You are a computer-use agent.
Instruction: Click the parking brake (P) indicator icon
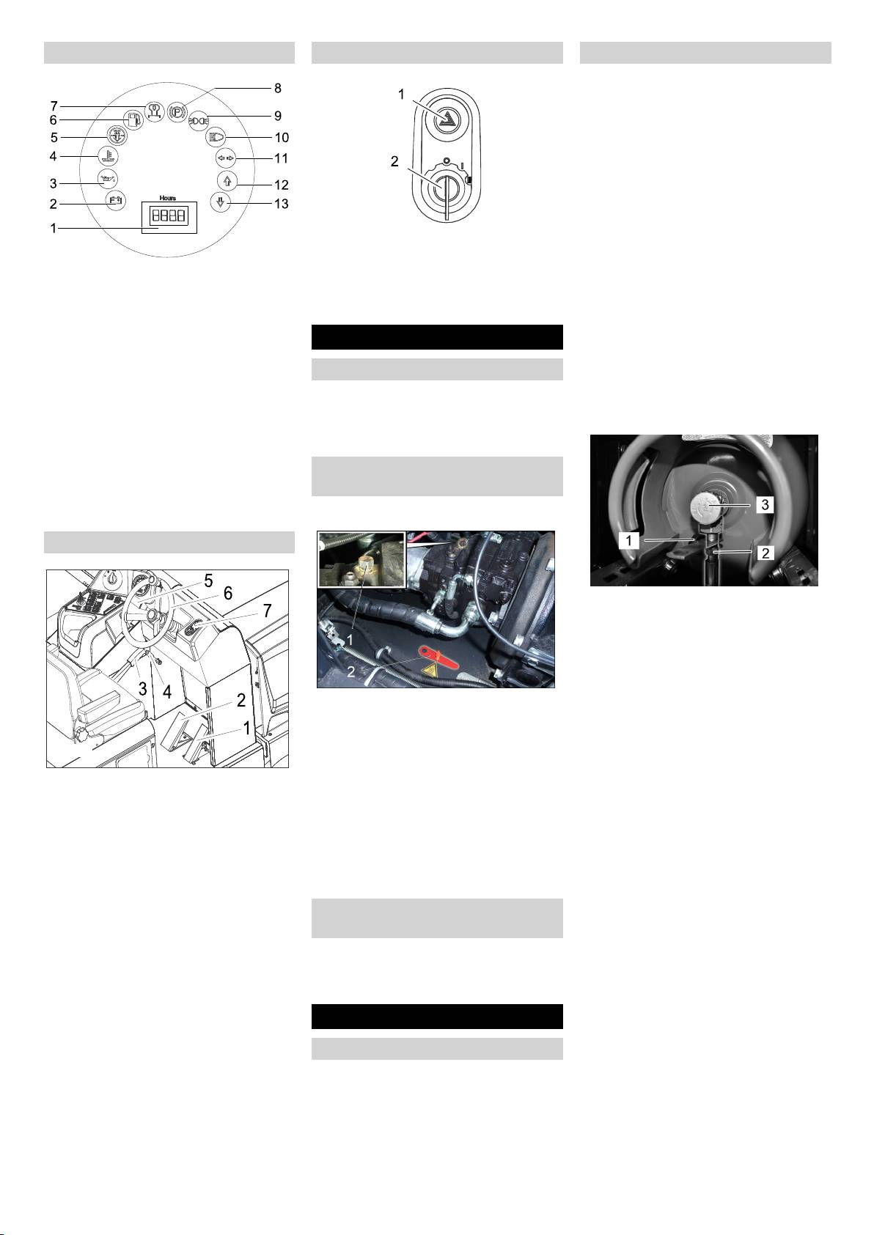[177, 111]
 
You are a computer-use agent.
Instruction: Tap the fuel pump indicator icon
[133, 120]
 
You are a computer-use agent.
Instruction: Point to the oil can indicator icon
[107, 178]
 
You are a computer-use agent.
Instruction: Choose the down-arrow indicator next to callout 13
[220, 202]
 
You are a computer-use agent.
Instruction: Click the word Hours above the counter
[168, 198]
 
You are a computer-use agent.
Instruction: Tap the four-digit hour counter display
[169, 215]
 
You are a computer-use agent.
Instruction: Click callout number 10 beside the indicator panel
[282, 138]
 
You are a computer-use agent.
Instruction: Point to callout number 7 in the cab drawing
[267, 611]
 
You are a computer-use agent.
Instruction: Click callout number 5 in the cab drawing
[208, 580]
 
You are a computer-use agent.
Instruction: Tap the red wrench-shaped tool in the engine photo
[438, 657]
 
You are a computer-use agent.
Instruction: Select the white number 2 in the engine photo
[350, 672]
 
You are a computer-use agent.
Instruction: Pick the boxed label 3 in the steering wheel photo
[765, 504]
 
